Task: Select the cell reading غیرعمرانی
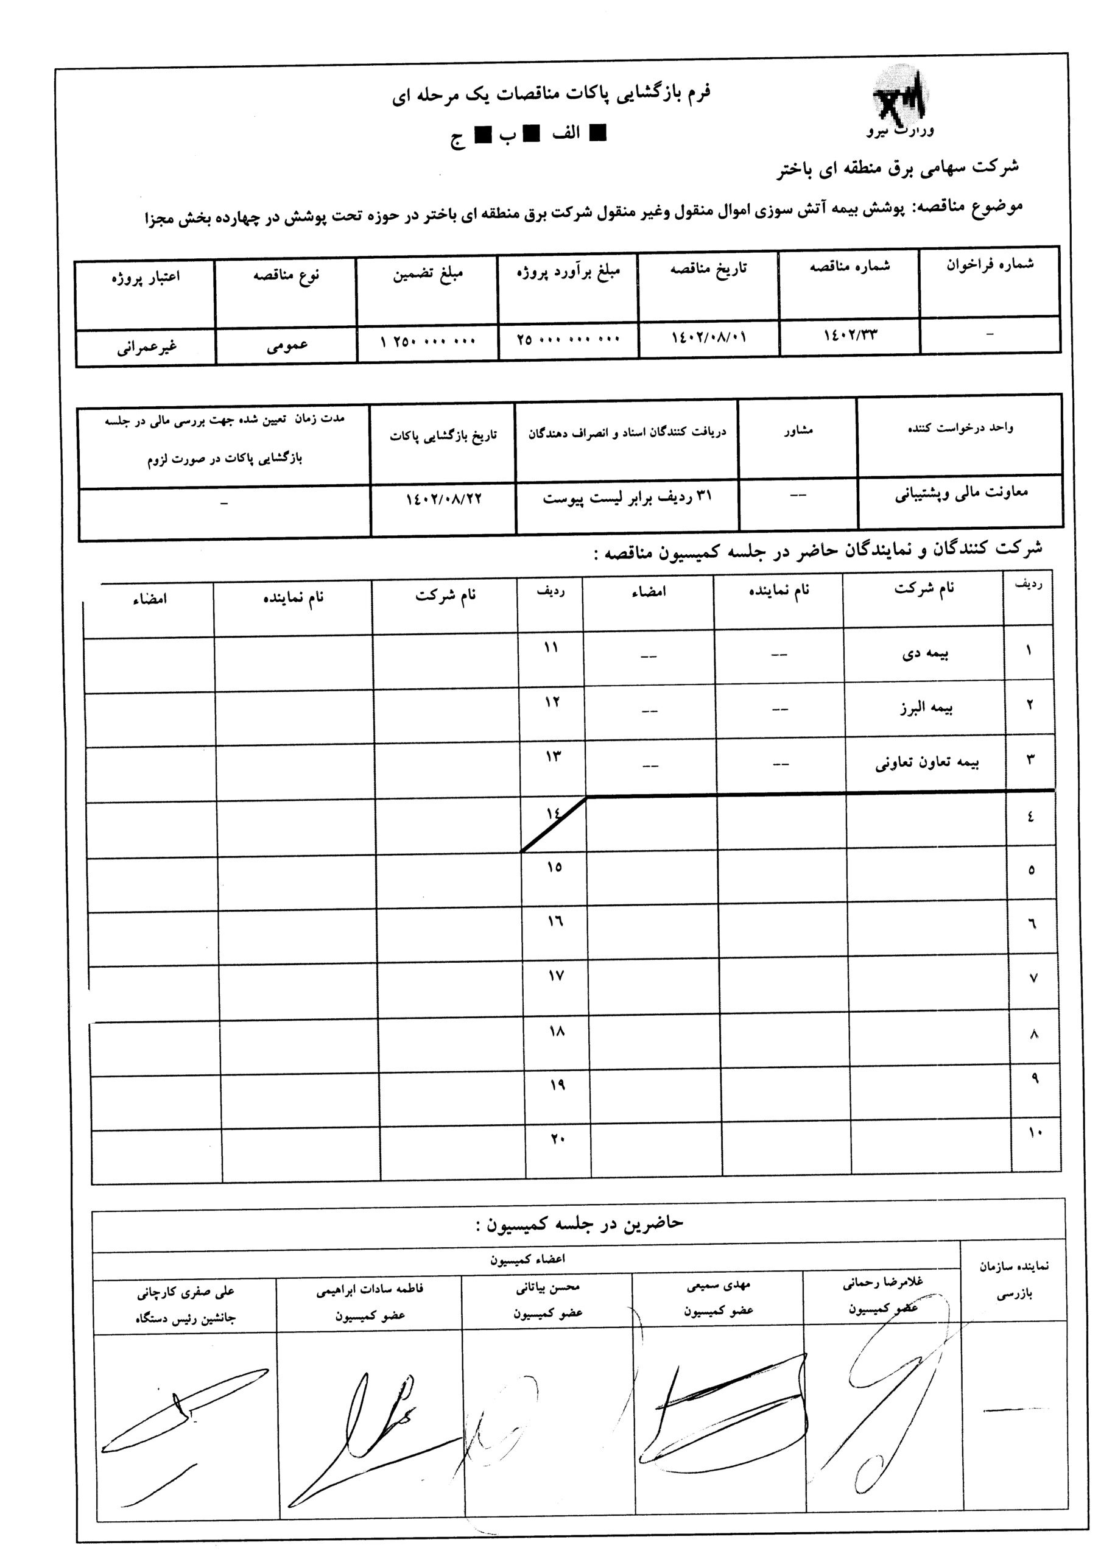147,348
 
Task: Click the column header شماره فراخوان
990,265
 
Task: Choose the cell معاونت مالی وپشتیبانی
961,494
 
